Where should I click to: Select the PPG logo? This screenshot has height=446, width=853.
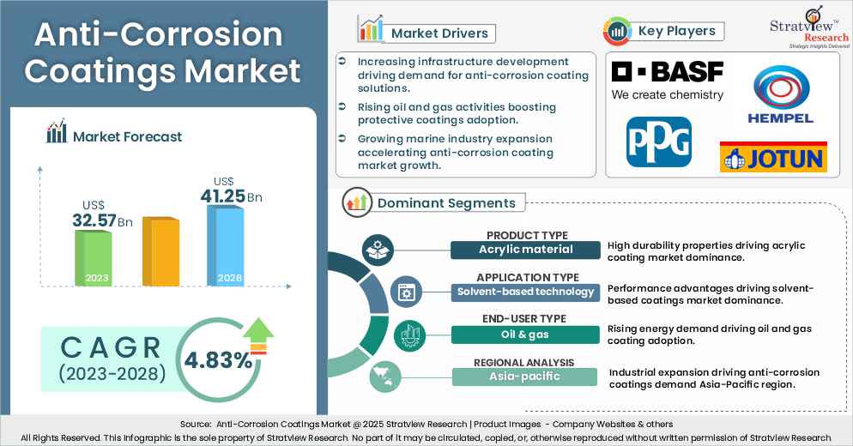click(658, 141)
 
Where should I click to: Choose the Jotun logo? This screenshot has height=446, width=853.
click(772, 157)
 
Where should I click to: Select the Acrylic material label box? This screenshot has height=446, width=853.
click(525, 250)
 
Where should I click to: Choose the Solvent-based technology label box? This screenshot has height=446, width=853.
click(525, 292)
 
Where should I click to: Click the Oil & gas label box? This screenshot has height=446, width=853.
click(525, 334)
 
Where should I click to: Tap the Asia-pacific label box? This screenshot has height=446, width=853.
click(525, 376)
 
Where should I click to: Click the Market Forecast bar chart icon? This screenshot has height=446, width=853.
click(57, 134)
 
